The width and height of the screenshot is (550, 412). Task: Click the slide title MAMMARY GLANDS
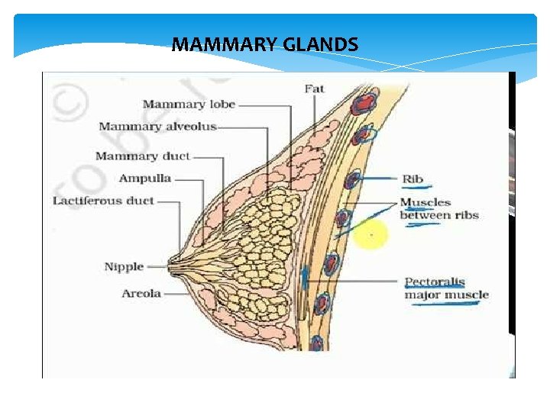(x=264, y=45)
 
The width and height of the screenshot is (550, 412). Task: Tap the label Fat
(x=314, y=89)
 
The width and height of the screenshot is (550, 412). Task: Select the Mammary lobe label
(x=189, y=105)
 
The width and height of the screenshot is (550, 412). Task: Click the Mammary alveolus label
(x=157, y=127)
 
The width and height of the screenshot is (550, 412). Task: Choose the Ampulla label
(x=145, y=179)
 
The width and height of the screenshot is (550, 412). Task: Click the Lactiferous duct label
(x=103, y=201)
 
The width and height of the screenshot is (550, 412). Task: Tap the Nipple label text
(x=124, y=266)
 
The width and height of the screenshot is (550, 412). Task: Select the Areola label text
(x=141, y=294)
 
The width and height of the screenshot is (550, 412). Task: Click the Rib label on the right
(x=412, y=179)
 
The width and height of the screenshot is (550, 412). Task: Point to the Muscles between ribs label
(x=438, y=209)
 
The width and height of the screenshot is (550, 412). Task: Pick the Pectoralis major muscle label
(x=446, y=288)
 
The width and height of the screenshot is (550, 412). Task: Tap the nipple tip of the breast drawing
(x=170, y=266)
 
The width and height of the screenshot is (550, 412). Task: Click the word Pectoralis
(x=435, y=282)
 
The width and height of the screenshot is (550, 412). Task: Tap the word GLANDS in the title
(x=320, y=45)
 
